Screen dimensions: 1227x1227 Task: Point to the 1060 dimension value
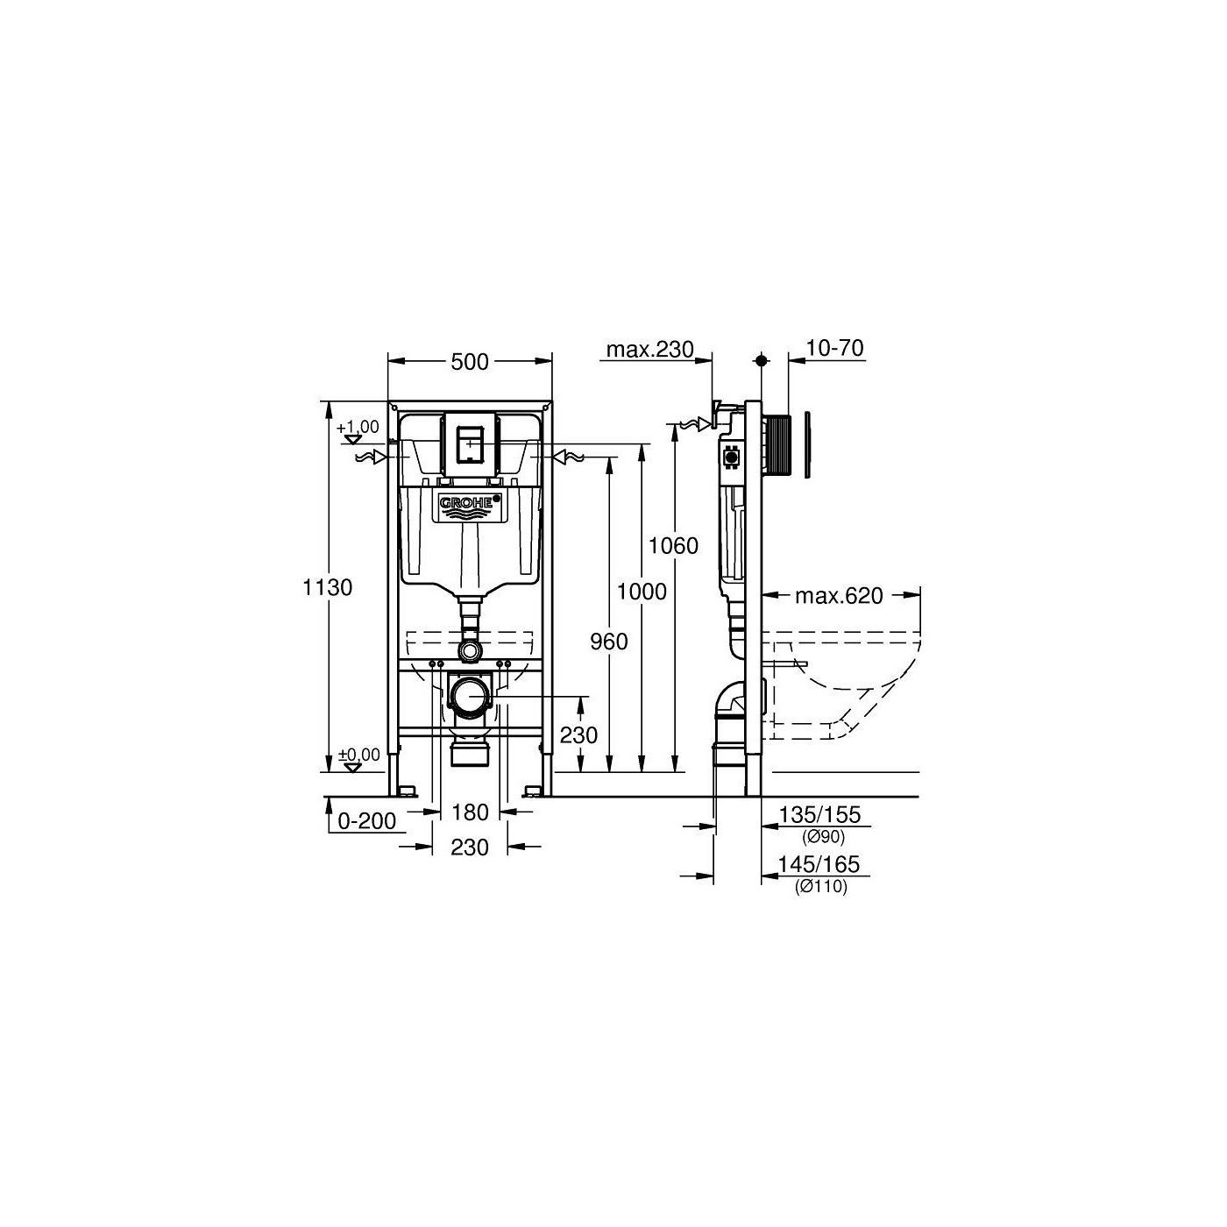[673, 546]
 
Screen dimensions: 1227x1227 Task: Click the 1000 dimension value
[642, 592]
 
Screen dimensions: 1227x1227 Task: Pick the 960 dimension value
[608, 642]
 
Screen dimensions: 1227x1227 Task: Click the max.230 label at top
[649, 350]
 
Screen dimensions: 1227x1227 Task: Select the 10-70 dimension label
[834, 349]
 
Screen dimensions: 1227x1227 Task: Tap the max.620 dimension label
[839, 597]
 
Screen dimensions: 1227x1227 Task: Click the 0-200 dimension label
[368, 821]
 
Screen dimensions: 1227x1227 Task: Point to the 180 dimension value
[470, 813]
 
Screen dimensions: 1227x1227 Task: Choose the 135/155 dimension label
[820, 815]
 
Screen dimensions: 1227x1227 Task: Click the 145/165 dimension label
[820, 865]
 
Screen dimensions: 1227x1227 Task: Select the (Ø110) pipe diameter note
[821, 887]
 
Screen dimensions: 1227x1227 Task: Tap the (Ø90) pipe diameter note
[821, 837]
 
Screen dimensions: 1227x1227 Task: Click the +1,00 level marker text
[358, 427]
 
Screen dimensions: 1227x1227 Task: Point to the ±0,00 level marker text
[359, 754]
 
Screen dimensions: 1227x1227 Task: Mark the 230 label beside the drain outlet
[578, 734]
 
